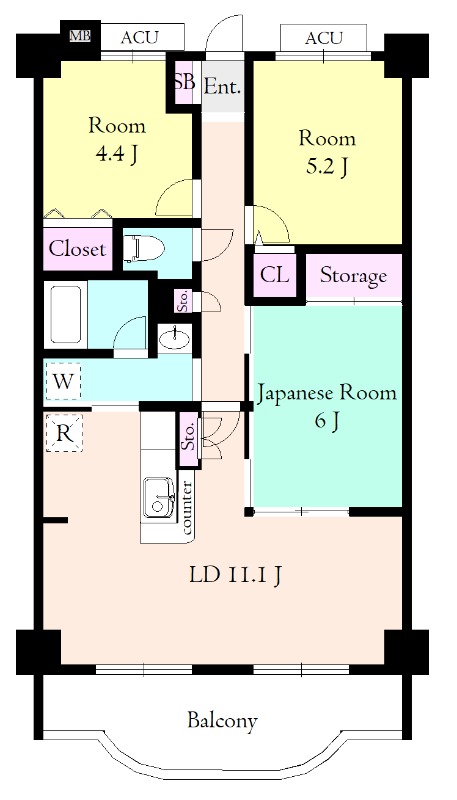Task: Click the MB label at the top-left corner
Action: point(80,36)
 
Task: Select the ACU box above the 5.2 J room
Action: point(323,38)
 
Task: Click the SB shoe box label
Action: point(184,82)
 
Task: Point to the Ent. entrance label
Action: point(222,87)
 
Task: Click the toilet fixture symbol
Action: point(144,248)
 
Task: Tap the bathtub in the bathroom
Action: point(65,314)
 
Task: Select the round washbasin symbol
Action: point(174,337)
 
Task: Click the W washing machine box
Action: point(63,380)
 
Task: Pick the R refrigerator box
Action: point(64,433)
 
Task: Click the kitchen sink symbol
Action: point(159,497)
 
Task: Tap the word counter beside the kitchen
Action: point(187,508)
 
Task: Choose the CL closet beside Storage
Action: point(274,275)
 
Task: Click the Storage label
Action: point(353,276)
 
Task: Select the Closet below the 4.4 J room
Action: point(78,248)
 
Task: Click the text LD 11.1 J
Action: point(235,575)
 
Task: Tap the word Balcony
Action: point(222,721)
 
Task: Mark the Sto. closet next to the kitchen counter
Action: point(188,438)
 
